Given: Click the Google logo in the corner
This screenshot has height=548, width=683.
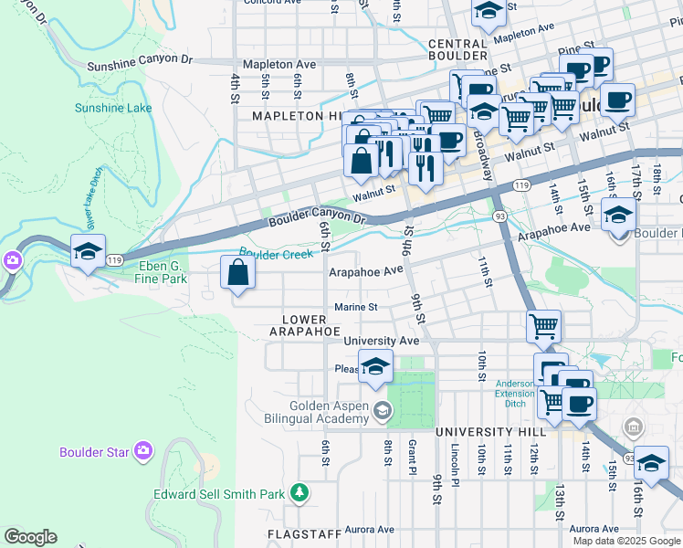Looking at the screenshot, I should tap(30, 537).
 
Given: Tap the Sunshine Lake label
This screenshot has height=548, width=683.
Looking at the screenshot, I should tap(113, 108).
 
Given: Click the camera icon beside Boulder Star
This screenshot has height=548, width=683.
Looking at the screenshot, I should tap(142, 450).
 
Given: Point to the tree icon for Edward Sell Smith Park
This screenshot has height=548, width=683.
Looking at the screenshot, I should tap(298, 493).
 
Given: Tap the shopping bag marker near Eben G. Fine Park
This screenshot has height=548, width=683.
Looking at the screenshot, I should tap(237, 274).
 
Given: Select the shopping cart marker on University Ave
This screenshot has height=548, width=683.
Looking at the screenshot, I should tap(543, 326).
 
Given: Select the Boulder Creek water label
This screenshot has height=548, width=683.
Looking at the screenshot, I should tap(276, 253).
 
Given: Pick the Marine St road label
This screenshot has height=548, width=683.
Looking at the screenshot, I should tap(355, 307).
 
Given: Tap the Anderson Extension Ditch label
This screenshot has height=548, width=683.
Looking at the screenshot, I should tap(514, 394).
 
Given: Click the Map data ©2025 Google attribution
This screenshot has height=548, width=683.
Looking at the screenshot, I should tap(626, 541).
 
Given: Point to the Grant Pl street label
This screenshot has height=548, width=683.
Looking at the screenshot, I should tap(412, 457).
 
